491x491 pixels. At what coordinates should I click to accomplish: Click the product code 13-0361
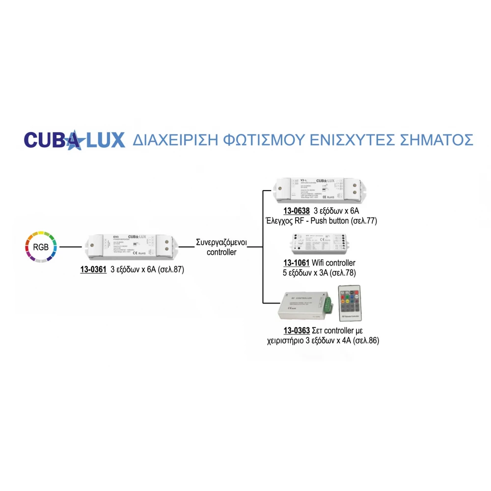click(x=93, y=269)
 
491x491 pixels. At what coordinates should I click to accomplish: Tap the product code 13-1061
click(x=297, y=263)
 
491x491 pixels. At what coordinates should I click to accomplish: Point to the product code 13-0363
click(x=297, y=330)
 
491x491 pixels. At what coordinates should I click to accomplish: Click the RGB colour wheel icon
click(x=41, y=246)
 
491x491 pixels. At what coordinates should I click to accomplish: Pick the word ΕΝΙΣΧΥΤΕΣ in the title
click(x=348, y=139)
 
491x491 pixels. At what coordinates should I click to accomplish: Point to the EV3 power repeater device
click(x=131, y=247)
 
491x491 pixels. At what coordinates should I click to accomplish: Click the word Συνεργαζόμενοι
click(x=221, y=243)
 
